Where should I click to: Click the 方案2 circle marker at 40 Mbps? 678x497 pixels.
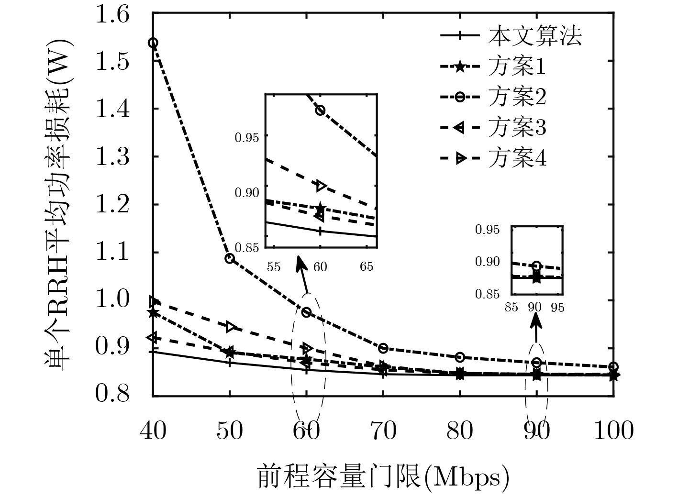(153, 43)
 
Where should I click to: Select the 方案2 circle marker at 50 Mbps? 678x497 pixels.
(230, 259)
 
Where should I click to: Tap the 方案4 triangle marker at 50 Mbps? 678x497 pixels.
(231, 327)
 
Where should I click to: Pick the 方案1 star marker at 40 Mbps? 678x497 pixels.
(153, 313)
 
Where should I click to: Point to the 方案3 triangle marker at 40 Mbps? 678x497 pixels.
(153, 338)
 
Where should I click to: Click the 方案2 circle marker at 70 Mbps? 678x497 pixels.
(383, 348)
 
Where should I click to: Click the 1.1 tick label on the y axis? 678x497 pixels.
(112, 253)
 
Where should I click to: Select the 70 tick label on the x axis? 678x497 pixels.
(383, 431)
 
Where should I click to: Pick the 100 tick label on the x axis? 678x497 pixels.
(613, 431)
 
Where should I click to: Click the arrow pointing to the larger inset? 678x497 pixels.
(303, 275)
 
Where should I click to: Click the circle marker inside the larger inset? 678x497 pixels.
(320, 110)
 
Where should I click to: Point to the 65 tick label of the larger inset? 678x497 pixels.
(367, 266)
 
